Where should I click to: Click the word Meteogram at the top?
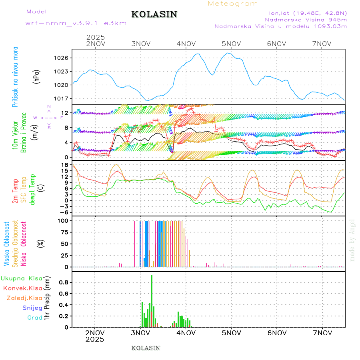coord(233,4)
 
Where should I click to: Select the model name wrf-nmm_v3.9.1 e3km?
coord(76,23)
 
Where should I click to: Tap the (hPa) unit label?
coord(36,76)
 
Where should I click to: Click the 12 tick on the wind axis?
coord(65,113)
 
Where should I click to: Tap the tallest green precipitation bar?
coord(152,300)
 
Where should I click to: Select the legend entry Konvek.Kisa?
coord(22,288)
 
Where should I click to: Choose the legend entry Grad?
coord(34,318)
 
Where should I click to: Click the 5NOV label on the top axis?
coord(231,44)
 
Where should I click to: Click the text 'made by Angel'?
coord(352,240)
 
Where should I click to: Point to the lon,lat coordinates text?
coord(308,12)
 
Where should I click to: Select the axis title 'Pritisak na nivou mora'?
coord(15,76)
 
